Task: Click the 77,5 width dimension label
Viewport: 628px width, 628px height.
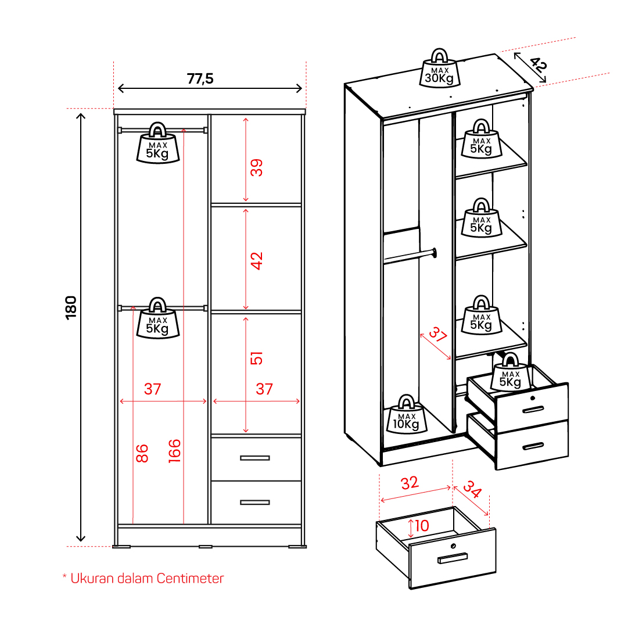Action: click(x=200, y=78)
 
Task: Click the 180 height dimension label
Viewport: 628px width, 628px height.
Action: click(x=71, y=307)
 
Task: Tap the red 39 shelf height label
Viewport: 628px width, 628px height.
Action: click(x=256, y=167)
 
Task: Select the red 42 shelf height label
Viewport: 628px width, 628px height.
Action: click(x=256, y=261)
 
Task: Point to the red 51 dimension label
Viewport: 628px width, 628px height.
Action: click(x=256, y=358)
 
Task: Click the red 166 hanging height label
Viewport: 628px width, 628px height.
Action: click(x=175, y=451)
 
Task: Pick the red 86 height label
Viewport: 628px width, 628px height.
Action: click(x=142, y=453)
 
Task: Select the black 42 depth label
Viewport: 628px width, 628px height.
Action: click(x=538, y=64)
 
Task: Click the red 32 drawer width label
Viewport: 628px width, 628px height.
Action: click(x=410, y=483)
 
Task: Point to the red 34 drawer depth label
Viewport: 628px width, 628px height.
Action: click(x=473, y=489)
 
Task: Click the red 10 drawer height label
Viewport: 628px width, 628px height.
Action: click(x=422, y=526)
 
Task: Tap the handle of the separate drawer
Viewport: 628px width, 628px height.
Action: click(x=453, y=558)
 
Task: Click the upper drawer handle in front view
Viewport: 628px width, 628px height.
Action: click(x=254, y=458)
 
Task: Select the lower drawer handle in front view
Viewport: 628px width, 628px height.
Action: click(x=254, y=503)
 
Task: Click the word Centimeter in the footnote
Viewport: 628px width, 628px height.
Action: click(x=190, y=579)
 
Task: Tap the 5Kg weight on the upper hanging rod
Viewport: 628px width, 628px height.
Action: click(x=158, y=143)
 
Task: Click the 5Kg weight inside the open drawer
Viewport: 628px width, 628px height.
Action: click(x=510, y=372)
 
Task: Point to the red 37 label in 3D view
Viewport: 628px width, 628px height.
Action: click(x=438, y=334)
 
